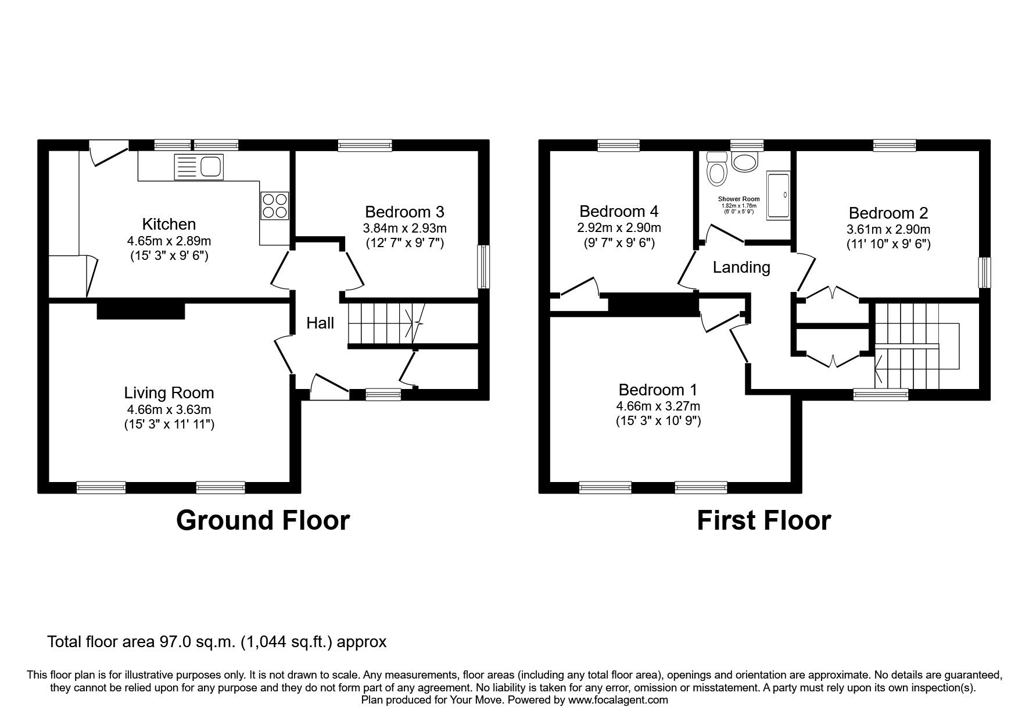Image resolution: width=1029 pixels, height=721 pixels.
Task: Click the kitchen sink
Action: [x=198, y=167]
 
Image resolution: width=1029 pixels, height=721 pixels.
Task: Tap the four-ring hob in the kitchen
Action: [x=274, y=206]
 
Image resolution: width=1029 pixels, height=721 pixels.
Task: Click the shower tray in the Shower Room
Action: [x=779, y=195]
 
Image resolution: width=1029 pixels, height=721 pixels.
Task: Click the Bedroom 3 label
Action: [x=404, y=212]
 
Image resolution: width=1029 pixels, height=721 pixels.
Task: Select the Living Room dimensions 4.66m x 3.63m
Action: [x=169, y=409]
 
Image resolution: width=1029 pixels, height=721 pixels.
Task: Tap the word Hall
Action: [x=320, y=323]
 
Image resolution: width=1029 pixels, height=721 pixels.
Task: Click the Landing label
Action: [x=741, y=267]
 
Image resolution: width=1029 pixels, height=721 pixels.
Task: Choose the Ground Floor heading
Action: [x=263, y=520]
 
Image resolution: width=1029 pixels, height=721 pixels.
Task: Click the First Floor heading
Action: [x=763, y=520]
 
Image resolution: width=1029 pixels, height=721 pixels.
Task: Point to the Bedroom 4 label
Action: [x=619, y=211]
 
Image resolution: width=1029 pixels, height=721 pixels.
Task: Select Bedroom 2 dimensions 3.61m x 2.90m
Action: [x=888, y=229]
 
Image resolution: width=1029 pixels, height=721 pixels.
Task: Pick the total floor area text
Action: [x=216, y=642]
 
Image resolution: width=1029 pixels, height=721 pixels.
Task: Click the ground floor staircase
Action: [x=381, y=323]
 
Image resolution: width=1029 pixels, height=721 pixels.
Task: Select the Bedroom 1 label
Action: [x=658, y=390]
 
